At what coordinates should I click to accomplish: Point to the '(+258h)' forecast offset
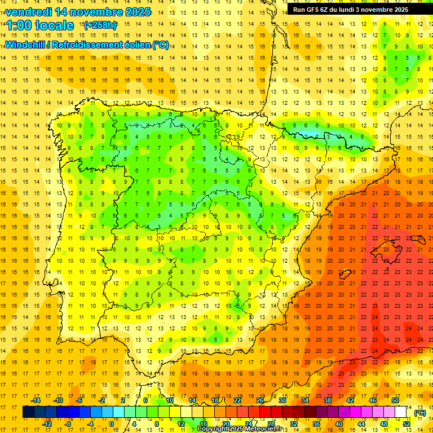pos(100,25)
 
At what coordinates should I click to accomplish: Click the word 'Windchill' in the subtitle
pos(26,45)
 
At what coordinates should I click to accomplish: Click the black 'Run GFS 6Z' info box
pos(359,10)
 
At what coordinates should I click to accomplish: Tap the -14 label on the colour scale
pos(36,400)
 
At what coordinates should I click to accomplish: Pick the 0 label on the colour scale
pos(111,424)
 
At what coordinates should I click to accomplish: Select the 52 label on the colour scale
pos(407,424)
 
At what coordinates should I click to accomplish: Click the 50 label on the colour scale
pos(395,400)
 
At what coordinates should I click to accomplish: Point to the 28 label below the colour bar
pos(271,424)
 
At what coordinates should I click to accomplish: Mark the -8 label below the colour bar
pos(68,424)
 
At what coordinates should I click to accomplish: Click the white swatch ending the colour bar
pos(401,412)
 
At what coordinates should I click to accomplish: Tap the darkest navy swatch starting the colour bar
pos(28,412)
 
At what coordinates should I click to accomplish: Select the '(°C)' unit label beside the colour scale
pos(419,413)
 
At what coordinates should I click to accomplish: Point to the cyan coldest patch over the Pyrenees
pos(309,134)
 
